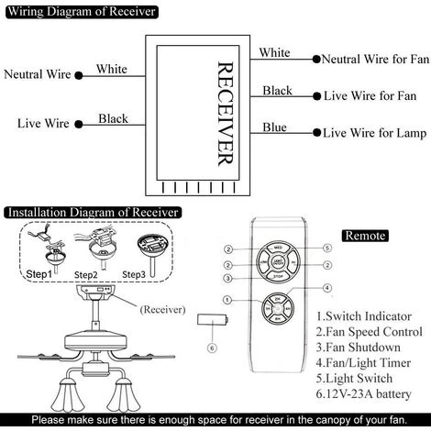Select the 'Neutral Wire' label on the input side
(x=39, y=74)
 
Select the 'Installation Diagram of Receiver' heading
(x=90, y=213)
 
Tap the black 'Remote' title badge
(x=366, y=236)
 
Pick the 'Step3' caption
(x=134, y=274)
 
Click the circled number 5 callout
(x=325, y=248)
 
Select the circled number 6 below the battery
(x=212, y=348)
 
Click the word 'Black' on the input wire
(x=113, y=118)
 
